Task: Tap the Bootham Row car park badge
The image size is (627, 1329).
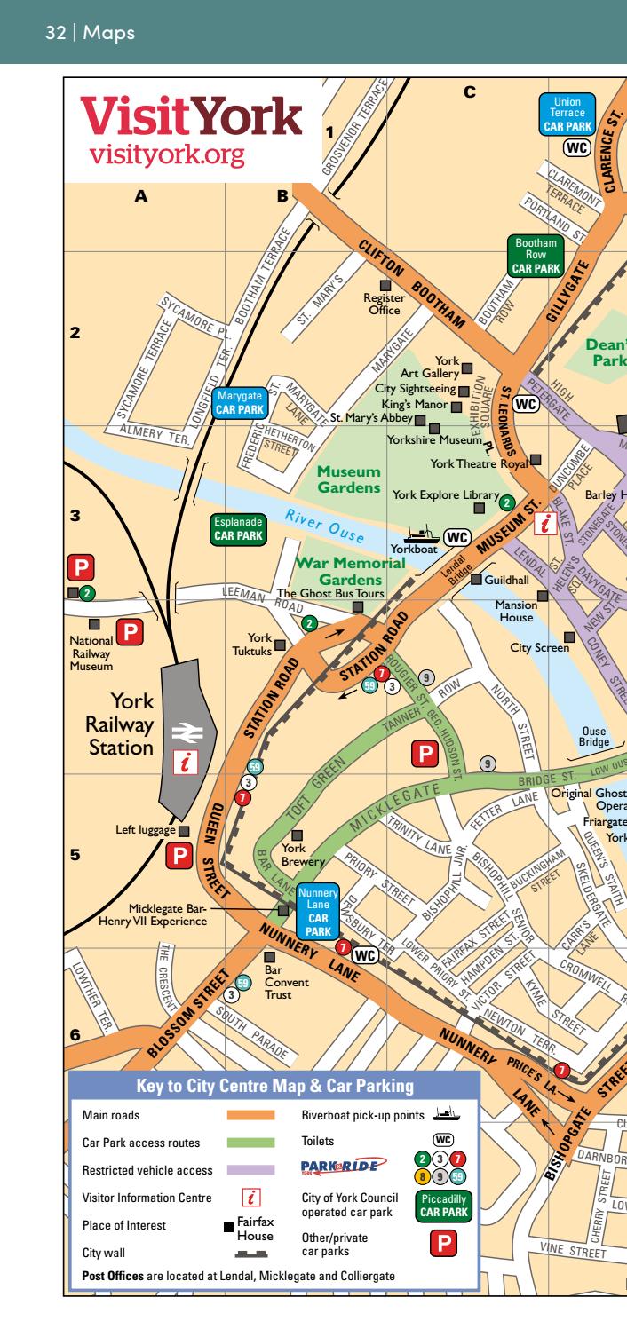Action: (536, 255)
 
